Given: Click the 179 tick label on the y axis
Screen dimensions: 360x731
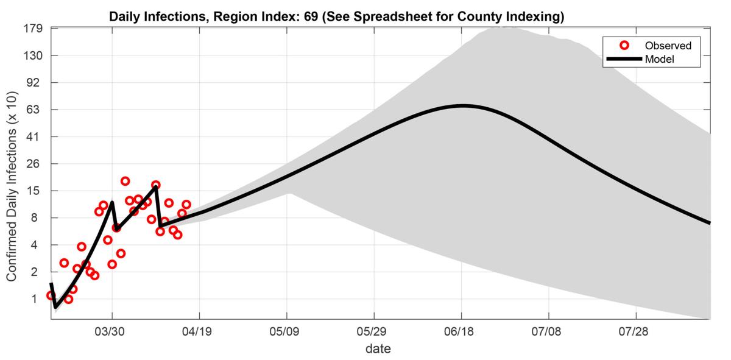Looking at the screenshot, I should [x=34, y=28].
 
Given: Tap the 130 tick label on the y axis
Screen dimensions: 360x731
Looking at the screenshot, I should [x=34, y=55].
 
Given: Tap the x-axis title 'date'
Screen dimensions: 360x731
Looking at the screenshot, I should [x=378, y=349].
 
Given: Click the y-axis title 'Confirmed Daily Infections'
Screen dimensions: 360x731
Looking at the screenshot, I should [x=12, y=186].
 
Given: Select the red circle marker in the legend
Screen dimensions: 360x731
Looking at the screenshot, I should [x=623, y=46].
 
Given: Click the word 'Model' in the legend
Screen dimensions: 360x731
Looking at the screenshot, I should [x=660, y=59].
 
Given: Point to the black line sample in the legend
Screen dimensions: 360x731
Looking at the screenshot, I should [x=623, y=59].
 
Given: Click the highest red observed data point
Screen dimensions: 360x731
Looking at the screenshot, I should [x=125, y=181].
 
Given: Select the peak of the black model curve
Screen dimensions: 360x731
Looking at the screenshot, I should [x=462, y=105].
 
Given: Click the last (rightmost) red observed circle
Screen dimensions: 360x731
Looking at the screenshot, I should [x=186, y=205].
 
